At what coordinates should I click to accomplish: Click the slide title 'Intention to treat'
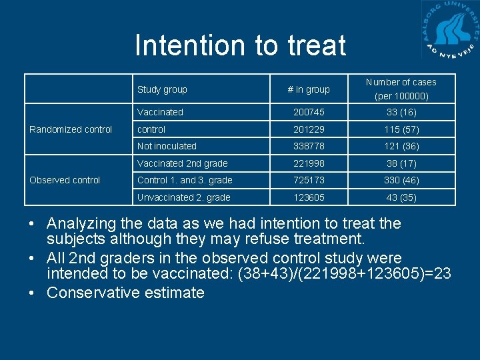pyautogui.click(x=240, y=45)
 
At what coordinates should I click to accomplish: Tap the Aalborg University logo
pyautogui.click(x=450, y=31)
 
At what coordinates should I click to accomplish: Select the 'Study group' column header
pyautogui.click(x=162, y=89)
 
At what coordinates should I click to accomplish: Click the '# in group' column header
pyautogui.click(x=308, y=89)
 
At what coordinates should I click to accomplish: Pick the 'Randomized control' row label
pyautogui.click(x=71, y=129)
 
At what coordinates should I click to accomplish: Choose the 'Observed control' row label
pyautogui.click(x=65, y=180)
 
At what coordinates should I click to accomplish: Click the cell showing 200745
pyautogui.click(x=308, y=112)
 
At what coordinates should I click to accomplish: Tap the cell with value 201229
pyautogui.click(x=308, y=129)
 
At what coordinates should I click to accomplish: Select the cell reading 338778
pyautogui.click(x=308, y=146)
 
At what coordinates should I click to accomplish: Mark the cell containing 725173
pyautogui.click(x=308, y=180)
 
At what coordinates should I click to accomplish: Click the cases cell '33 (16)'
pyautogui.click(x=401, y=112)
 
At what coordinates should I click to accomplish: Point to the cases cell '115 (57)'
pyautogui.click(x=401, y=129)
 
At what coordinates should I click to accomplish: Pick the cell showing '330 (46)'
pyautogui.click(x=401, y=180)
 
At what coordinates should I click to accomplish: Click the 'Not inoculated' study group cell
pyautogui.click(x=167, y=146)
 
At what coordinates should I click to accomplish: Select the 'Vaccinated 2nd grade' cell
pyautogui.click(x=182, y=163)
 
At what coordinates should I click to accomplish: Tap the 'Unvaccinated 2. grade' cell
pyautogui.click(x=183, y=197)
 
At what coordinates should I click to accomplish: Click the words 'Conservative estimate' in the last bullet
pyautogui.click(x=125, y=293)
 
